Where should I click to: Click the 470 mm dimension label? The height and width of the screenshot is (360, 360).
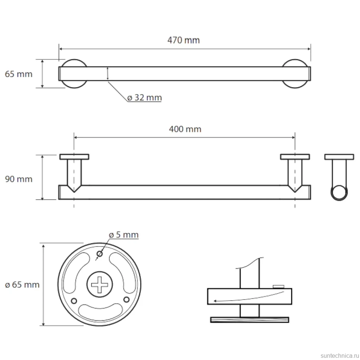(x=183, y=40)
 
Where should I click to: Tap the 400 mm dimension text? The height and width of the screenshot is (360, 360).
(x=185, y=129)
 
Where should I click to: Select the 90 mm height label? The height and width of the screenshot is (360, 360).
(x=19, y=179)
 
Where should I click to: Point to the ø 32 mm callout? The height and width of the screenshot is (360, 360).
(x=144, y=98)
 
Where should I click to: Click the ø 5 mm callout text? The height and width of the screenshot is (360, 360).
(x=124, y=235)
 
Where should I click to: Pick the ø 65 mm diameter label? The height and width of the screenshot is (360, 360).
(x=22, y=285)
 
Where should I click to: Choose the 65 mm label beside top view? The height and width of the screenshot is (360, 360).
(x=19, y=74)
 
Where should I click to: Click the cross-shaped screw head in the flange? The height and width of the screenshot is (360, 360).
(x=99, y=284)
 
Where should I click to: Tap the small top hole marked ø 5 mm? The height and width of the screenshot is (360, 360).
(x=99, y=254)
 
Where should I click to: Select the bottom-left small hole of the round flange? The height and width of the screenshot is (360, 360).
(x=74, y=301)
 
